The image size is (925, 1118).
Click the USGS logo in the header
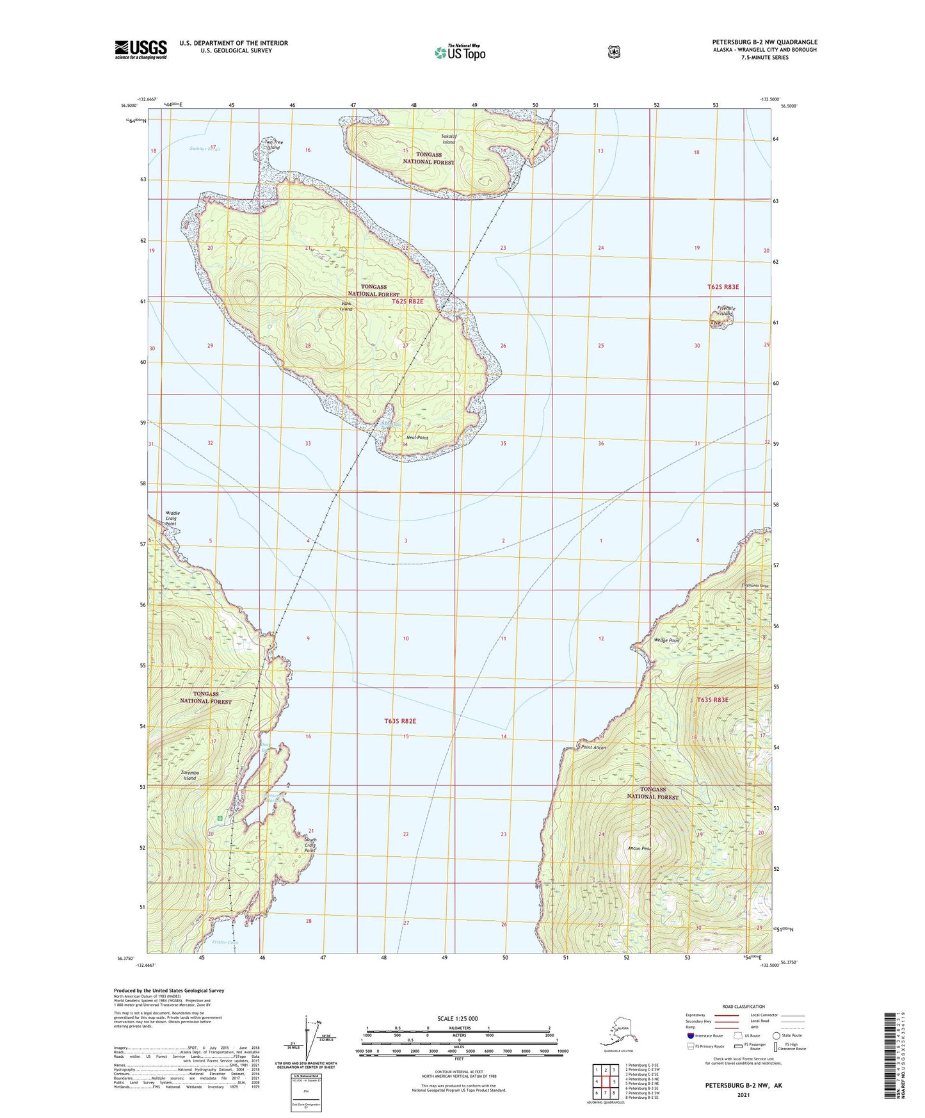(141, 49)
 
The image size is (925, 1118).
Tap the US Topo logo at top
(460, 53)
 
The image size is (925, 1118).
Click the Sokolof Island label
(448, 139)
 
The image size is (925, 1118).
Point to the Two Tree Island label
(273, 145)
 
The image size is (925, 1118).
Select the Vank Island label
(346, 306)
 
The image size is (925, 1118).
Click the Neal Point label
(417, 438)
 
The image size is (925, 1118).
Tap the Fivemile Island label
(726, 311)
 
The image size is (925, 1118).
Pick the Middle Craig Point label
(172, 518)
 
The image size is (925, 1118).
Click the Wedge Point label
(666, 640)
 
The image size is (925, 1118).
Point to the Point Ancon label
(593, 747)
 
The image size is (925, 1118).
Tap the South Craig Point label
(310, 845)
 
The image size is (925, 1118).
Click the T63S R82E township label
(400, 721)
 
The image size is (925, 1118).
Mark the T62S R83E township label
(723, 287)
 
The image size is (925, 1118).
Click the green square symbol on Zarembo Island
(221, 818)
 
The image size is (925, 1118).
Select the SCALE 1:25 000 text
(457, 1019)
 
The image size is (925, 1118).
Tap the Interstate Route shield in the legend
(690, 1035)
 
